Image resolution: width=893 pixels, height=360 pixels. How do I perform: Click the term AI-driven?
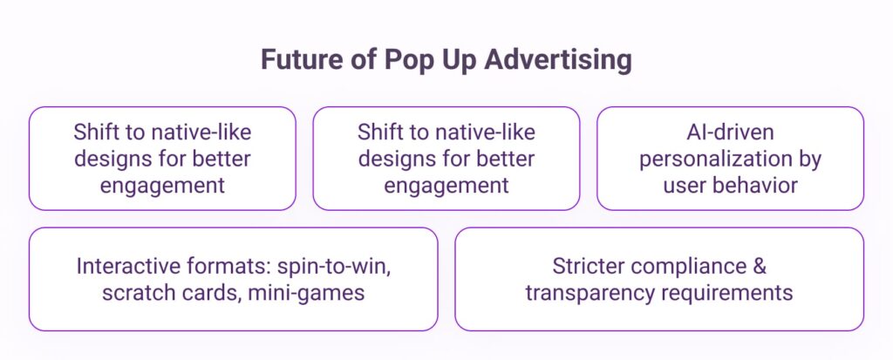[x=730, y=132]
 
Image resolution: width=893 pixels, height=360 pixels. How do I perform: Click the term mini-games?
[x=306, y=294]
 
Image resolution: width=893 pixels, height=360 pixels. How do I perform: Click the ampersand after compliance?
[x=760, y=267]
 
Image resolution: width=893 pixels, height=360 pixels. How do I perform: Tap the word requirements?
[x=723, y=294]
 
